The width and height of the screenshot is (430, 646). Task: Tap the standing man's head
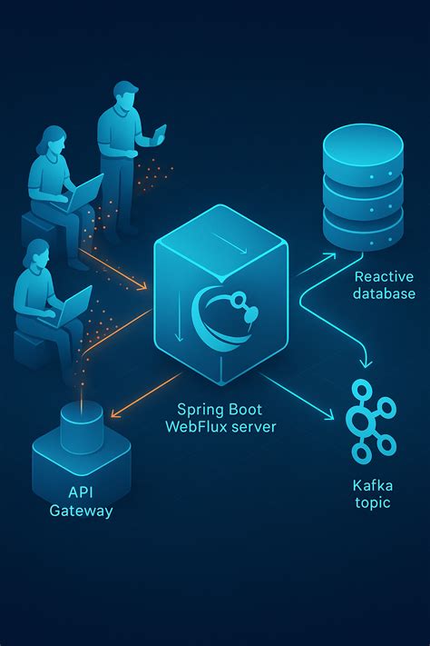pyautogui.click(x=127, y=96)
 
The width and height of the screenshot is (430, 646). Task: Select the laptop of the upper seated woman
pyautogui.click(x=86, y=193)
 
